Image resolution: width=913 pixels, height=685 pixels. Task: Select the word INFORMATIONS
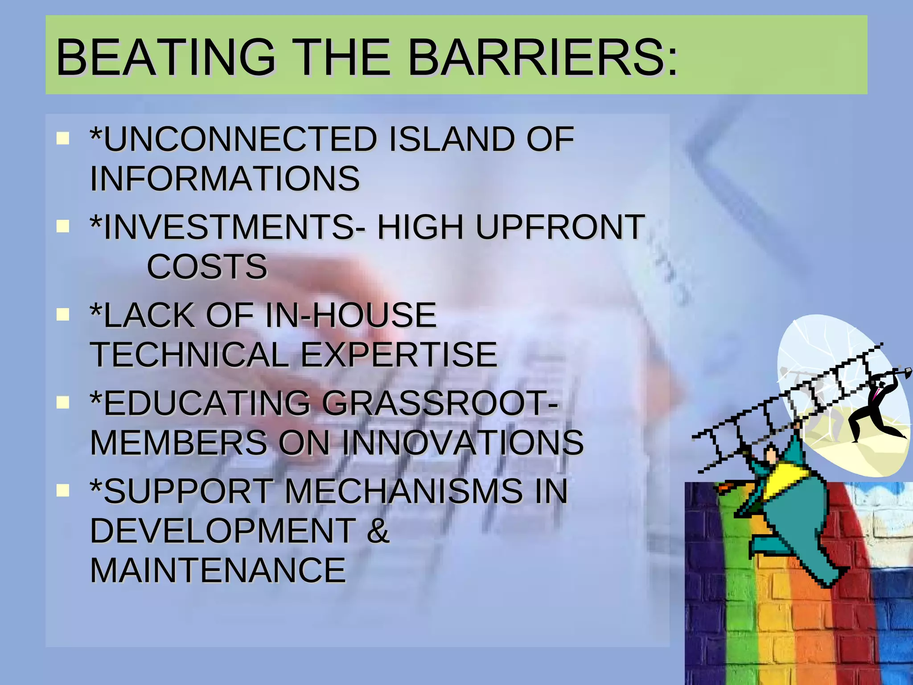tap(225, 179)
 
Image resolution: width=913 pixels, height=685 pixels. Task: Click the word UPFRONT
tap(560, 227)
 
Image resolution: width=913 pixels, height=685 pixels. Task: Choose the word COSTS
tap(207, 267)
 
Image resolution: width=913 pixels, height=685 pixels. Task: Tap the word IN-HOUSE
tap(350, 315)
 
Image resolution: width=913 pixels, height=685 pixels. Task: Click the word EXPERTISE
tap(399, 355)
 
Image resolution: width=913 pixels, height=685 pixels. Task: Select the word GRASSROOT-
tap(439, 403)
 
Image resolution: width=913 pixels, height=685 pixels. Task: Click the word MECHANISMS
tap(403, 491)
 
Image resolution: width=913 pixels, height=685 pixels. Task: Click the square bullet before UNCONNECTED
tap(63, 138)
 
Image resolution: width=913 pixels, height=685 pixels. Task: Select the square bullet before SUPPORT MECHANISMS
tap(63, 491)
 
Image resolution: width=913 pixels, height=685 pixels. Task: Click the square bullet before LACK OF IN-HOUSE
tap(63, 314)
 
